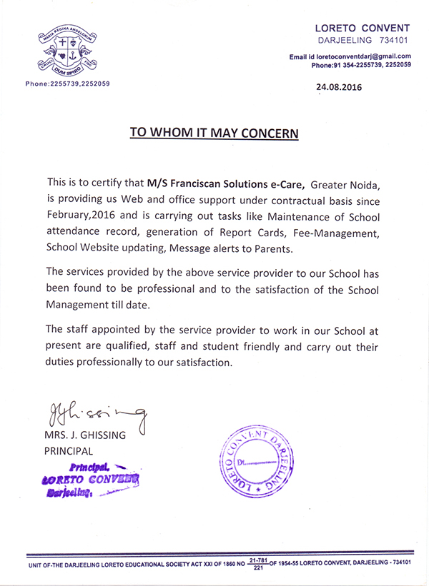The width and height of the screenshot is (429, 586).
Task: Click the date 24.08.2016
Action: (x=339, y=88)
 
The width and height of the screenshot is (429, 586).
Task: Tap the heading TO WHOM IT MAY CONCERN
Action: (x=214, y=133)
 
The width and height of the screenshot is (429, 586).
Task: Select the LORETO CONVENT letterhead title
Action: (x=363, y=27)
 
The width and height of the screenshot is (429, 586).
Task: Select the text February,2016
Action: (x=80, y=217)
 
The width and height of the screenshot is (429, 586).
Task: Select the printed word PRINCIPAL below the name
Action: (x=69, y=451)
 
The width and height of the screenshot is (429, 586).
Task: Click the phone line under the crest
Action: (x=68, y=84)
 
